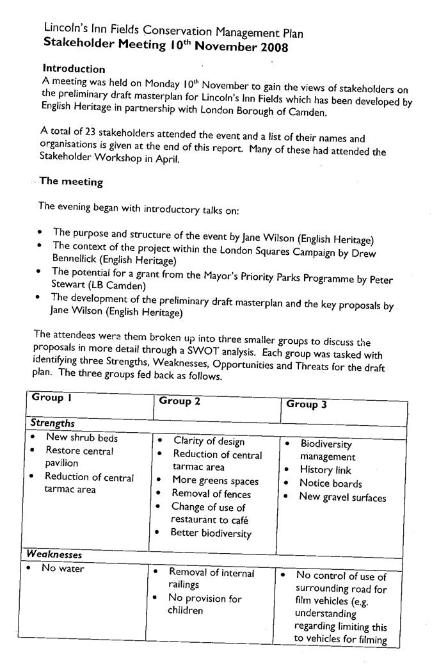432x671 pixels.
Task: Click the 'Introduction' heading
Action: tap(74, 69)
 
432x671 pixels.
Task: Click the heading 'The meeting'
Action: tap(71, 182)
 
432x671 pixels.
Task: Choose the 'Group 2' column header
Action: tap(180, 401)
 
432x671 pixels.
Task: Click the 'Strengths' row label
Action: tap(53, 423)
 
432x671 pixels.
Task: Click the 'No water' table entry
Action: tap(63, 568)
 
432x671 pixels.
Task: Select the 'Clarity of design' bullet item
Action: tap(209, 441)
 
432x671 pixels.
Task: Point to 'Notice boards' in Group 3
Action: tap(330, 483)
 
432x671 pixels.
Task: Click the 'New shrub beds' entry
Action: tap(82, 438)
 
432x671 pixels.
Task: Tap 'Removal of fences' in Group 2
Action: tap(211, 494)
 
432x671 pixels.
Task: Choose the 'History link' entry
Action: tap(325, 470)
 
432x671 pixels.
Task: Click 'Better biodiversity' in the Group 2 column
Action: tap(211, 533)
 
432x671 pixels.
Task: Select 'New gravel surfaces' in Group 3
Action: tap(342, 497)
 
